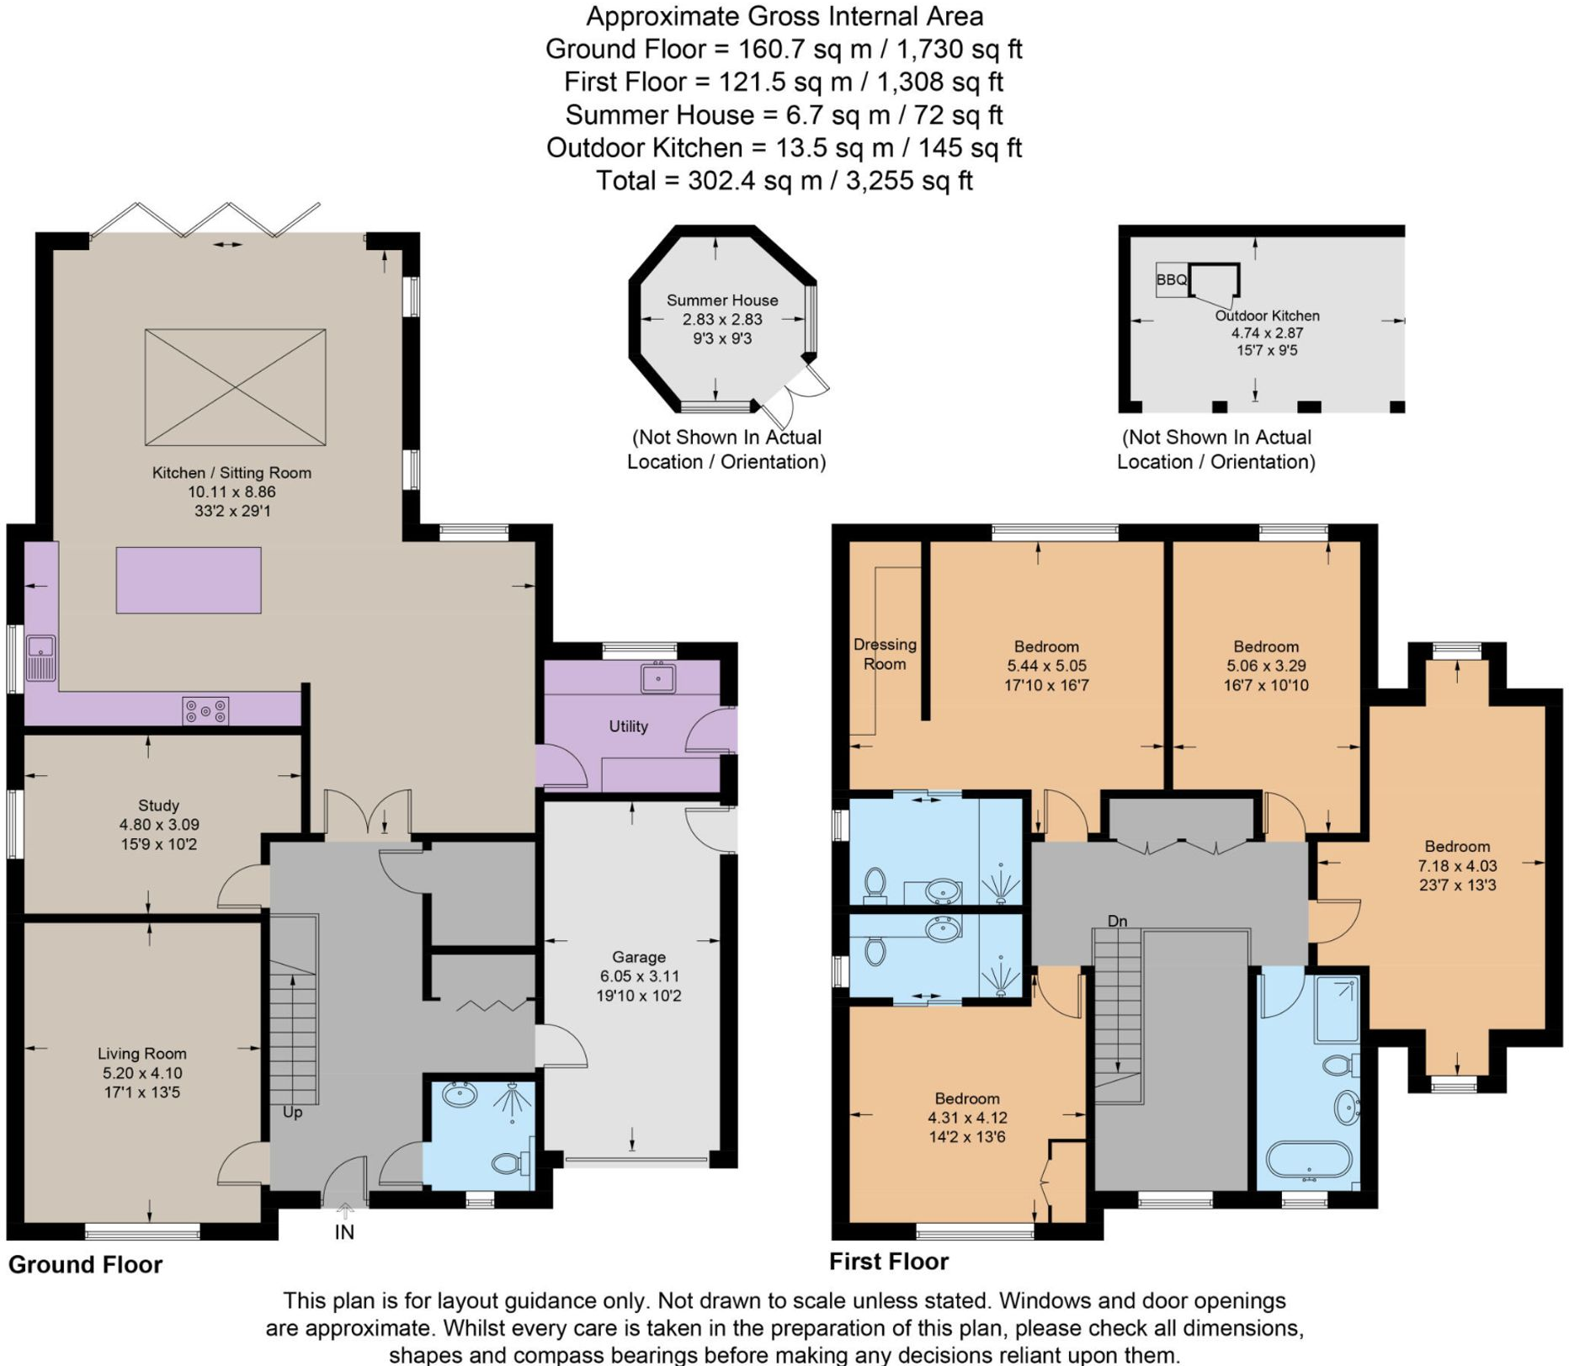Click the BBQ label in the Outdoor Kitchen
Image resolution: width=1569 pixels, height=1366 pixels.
click(1171, 279)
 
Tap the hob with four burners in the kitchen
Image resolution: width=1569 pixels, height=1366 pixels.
click(206, 710)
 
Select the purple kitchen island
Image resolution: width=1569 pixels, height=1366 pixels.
click(189, 580)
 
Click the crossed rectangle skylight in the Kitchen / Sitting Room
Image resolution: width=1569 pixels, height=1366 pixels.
click(235, 387)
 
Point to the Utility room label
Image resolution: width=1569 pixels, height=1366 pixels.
click(628, 726)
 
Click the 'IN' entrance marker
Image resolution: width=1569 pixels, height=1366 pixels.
click(344, 1232)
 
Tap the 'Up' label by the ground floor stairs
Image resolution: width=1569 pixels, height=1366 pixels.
click(292, 1113)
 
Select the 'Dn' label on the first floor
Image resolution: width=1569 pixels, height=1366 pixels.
click(1117, 922)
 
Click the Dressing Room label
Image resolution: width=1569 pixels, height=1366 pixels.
click(885, 654)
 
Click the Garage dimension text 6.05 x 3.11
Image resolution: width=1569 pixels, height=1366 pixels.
click(639, 976)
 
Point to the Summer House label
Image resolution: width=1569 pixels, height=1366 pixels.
click(722, 300)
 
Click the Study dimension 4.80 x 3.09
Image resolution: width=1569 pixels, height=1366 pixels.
click(159, 825)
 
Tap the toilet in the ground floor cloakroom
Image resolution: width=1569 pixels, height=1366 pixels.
click(508, 1163)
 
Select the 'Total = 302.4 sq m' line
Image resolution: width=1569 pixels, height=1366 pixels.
click(784, 181)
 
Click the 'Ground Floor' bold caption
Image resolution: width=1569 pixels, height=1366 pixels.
click(85, 1264)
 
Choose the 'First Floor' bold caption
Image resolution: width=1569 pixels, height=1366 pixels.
click(888, 1261)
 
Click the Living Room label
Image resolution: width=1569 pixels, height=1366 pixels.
click(141, 1054)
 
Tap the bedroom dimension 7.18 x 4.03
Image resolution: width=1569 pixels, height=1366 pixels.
click(1457, 865)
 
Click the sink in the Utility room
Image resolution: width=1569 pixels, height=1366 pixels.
click(657, 678)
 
